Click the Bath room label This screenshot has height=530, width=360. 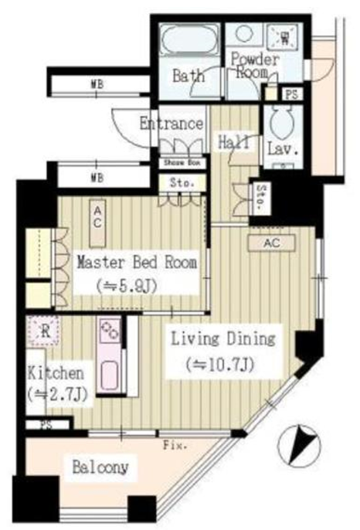click(x=188, y=76)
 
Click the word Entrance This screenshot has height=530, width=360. click(x=172, y=124)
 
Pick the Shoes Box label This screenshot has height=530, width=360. click(x=182, y=163)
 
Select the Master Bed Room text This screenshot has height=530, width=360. click(x=137, y=262)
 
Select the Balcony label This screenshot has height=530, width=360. click(x=100, y=467)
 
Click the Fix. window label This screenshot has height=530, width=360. click(x=174, y=447)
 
